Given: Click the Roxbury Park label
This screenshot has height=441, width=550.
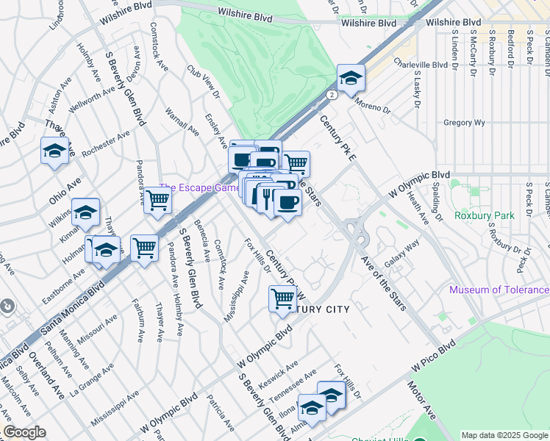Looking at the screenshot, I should point(484,215).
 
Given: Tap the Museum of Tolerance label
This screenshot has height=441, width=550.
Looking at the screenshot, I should point(499,290).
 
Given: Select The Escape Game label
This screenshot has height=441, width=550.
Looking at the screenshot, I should point(200,188).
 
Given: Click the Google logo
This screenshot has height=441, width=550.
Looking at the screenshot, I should point(24,432).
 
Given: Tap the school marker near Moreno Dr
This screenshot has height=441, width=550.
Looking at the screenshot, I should point(351,78).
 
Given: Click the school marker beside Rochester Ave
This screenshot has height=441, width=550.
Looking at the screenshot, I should point(54,151).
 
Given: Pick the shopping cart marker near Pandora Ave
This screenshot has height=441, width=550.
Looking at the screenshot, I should point(157,200).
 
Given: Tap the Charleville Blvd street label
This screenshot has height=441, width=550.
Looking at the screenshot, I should point(421,65).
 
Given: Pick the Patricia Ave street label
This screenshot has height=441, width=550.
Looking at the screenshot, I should point(220,414).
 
